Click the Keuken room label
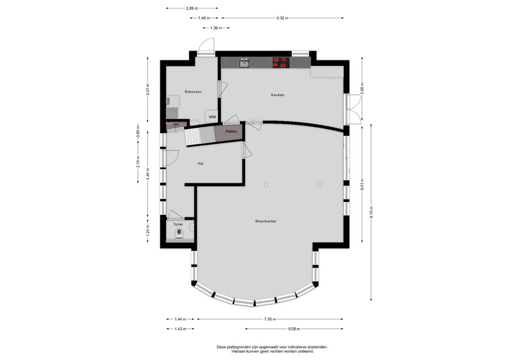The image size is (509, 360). click(x=277, y=95)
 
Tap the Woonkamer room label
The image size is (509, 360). click(x=266, y=221)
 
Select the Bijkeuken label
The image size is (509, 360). click(x=193, y=92)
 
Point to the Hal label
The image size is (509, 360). click(x=200, y=164)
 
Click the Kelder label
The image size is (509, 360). click(x=231, y=131)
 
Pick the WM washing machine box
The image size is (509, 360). click(x=212, y=117)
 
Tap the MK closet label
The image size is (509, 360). click(x=176, y=125)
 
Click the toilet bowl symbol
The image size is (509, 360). click(x=179, y=234)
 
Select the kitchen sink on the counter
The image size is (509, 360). click(x=244, y=63)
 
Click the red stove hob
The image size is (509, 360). click(x=281, y=63)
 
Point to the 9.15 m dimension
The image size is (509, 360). click(x=371, y=212)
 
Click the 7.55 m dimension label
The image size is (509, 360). click(x=270, y=319)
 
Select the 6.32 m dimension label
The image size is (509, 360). click(x=283, y=18)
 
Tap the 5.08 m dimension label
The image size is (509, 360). click(x=294, y=329)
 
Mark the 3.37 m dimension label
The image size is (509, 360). click(x=148, y=90)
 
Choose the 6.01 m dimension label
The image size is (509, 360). click(x=362, y=185)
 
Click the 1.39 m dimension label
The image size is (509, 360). click(x=216, y=28)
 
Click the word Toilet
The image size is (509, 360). click(x=178, y=224)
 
